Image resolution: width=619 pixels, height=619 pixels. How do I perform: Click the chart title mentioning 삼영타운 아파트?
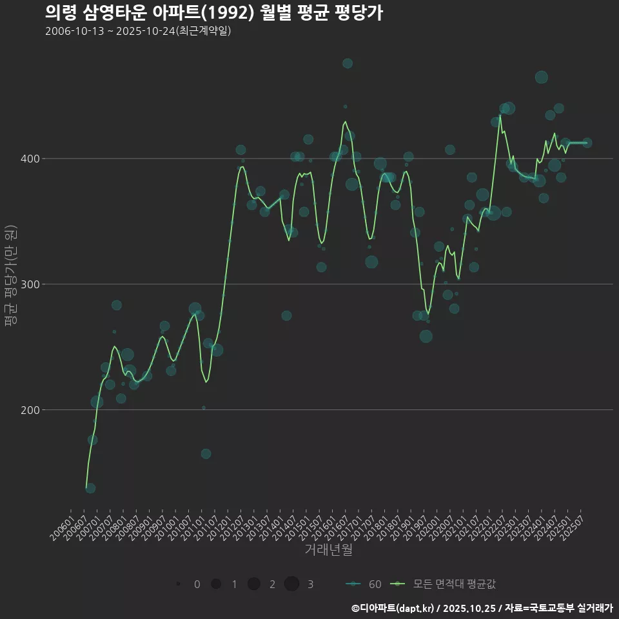point(214,13)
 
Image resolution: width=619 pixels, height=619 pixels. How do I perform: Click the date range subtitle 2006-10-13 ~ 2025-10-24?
point(138,31)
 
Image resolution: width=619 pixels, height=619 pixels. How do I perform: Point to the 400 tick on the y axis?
point(33,159)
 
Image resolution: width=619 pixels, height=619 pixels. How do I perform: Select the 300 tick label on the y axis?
point(33,284)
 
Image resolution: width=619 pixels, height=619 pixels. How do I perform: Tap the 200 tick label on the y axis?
point(33,410)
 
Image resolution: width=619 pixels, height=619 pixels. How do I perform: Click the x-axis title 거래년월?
point(328,550)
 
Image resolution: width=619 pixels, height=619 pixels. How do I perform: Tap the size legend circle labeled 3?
point(291,584)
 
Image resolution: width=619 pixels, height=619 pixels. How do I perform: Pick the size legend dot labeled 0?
point(178,584)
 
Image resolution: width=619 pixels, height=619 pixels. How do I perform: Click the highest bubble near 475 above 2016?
point(348,63)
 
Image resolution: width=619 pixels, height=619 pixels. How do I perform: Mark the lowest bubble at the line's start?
point(90,488)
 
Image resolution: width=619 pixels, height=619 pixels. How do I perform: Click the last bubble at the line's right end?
point(587,143)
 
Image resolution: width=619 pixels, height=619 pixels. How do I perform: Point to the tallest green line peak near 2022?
point(500,115)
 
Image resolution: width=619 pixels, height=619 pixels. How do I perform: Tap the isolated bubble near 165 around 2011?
point(206,454)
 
